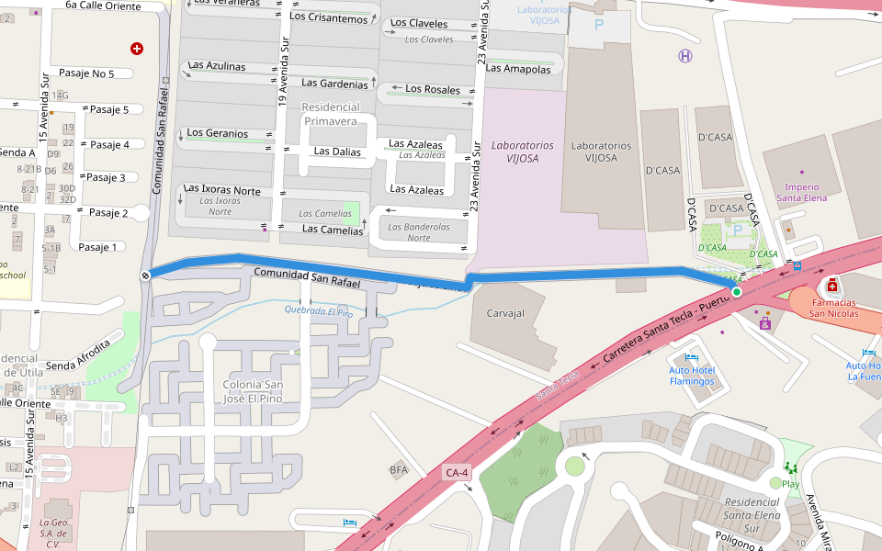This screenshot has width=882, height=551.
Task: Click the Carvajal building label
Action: (503, 313)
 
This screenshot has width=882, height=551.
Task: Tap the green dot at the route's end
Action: (736, 292)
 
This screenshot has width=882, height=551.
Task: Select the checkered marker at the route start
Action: (146, 275)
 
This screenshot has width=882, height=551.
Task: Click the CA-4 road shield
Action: (457, 473)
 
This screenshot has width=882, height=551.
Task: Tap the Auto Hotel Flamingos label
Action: (692, 376)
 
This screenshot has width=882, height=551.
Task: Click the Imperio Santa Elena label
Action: (801, 192)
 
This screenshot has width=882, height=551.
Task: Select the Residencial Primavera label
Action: (330, 114)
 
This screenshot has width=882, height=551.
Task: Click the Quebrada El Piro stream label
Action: (318, 312)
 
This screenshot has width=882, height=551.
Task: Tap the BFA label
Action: (399, 470)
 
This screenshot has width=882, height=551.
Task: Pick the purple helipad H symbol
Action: (685, 56)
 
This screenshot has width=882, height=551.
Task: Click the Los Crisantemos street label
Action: (328, 17)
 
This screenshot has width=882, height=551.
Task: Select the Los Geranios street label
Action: (217, 133)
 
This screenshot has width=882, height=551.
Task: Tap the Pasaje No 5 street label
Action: (86, 73)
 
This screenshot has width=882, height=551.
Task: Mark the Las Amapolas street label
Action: (519, 68)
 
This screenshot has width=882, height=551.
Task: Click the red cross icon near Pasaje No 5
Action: (137, 48)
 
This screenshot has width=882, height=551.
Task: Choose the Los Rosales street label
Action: (433, 89)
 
